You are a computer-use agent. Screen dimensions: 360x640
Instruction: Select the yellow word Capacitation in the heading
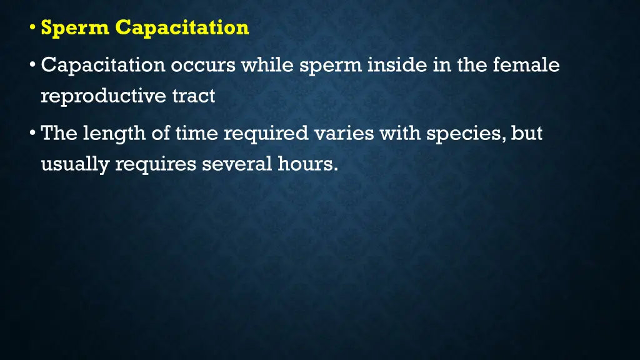[x=182, y=28]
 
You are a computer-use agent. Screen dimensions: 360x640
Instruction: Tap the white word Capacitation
[x=103, y=66]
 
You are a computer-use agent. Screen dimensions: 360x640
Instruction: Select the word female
[x=526, y=65]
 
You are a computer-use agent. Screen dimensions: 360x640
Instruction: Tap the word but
[x=527, y=134]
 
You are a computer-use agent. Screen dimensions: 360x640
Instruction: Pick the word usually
[x=76, y=166]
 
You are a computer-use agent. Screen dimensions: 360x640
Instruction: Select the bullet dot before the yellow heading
[x=32, y=28]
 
